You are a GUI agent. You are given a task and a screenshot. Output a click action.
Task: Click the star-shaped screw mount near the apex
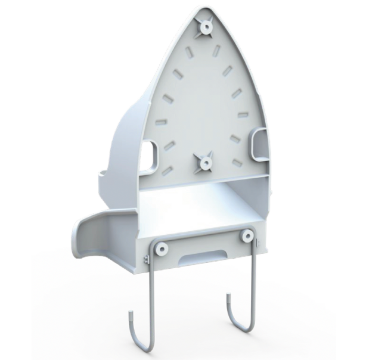(x=206, y=26)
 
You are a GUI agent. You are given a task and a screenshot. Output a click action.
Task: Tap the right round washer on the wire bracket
(x=247, y=236)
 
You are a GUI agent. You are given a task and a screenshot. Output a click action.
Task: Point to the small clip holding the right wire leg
(x=256, y=243)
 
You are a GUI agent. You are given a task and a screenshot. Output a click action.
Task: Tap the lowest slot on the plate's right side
(x=237, y=163)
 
